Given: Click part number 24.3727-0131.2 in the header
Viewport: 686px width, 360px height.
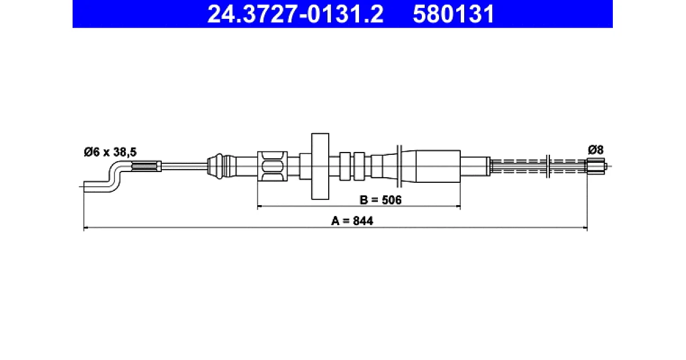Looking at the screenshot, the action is [x=295, y=14].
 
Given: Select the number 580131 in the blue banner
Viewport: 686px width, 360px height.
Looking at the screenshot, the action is [x=453, y=14].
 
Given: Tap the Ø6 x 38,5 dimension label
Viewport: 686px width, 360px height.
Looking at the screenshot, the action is [x=110, y=152].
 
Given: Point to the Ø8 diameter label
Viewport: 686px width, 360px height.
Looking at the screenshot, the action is [x=595, y=150].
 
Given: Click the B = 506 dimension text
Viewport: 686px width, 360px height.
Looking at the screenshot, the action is [x=380, y=200].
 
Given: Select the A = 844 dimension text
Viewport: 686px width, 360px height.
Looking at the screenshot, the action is [x=352, y=221].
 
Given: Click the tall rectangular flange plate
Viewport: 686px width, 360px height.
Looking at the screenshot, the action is [x=320, y=166].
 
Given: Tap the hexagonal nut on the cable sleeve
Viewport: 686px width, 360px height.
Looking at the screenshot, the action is [x=272, y=166].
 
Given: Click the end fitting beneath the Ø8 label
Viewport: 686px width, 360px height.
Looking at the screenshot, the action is [x=596, y=166].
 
